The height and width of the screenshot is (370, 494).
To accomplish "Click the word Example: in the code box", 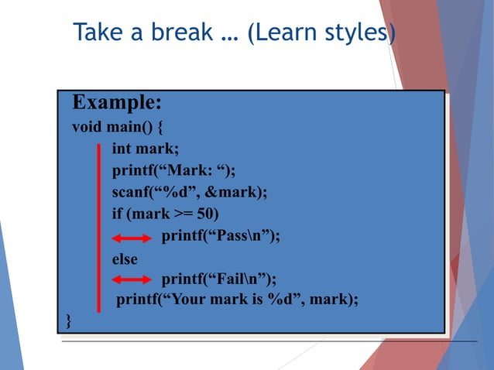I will point(116,104).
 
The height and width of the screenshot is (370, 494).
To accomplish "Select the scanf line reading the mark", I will point(189,192).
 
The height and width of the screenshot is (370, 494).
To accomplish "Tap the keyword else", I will point(125,259).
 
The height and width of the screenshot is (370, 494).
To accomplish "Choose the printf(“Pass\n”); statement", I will point(221,237).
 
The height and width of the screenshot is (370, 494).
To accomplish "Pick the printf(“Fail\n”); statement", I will point(218,279).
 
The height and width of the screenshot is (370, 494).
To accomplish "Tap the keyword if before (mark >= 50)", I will point(118,214).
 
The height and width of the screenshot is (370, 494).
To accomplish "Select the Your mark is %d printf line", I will point(237,300).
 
